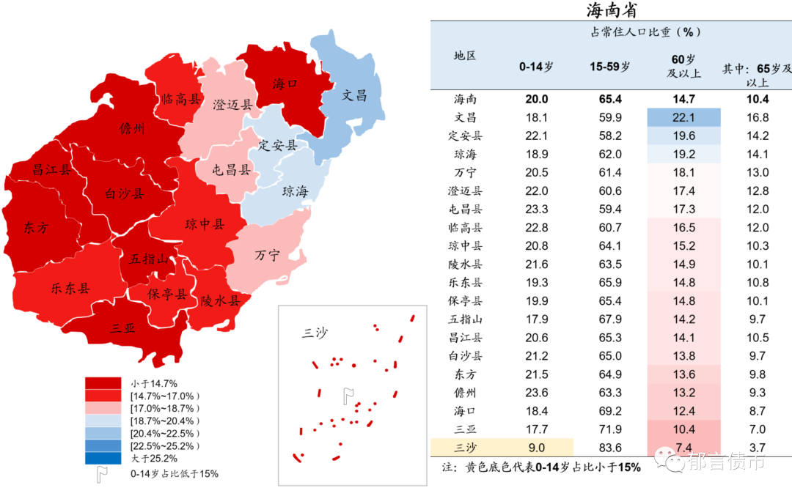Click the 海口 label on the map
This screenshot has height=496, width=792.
pos(285,84)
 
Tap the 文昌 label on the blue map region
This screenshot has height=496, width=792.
pos(353,95)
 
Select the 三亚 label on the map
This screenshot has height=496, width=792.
pos(122,328)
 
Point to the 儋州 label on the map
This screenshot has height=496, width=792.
pos(132,129)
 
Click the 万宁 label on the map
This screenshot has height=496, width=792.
pos(267,256)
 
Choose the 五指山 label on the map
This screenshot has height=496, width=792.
pos(149,259)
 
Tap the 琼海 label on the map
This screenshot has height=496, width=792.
pos(295,192)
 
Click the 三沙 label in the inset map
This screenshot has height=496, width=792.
pos(315,333)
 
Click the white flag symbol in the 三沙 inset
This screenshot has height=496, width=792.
pos(348,396)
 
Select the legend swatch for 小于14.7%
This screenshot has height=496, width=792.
pos(103,383)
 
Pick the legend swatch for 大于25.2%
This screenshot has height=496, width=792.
pos(103,459)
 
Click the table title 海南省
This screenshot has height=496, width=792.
pos(611,10)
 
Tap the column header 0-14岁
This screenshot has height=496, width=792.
pos(536,67)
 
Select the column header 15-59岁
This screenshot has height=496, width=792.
pos(610,67)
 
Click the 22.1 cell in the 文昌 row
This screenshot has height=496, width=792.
pos(683,117)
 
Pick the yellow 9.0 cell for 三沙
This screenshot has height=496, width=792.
pos(536,448)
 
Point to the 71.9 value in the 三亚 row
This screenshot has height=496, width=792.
pos(610,429)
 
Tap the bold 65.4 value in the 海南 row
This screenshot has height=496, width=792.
pos(610,99)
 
